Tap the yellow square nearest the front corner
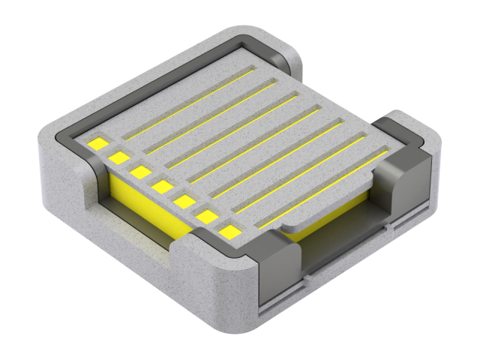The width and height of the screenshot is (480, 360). [x=230, y=232]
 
